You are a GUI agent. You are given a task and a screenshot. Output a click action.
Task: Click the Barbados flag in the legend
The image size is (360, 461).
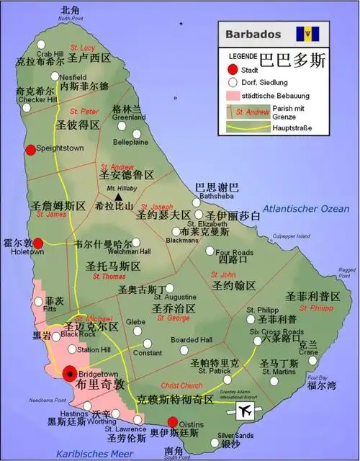point(311,33)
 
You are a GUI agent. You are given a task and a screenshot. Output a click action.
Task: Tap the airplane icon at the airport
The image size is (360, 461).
point(246,411)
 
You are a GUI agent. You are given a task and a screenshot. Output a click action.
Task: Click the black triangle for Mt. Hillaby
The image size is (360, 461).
point(117,197)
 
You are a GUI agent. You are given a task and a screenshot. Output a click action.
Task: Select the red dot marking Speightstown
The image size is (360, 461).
point(30,149)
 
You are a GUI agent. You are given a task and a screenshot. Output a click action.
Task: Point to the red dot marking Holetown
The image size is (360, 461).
point(38,243)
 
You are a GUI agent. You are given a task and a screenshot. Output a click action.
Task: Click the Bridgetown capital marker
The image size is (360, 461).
point(70,372)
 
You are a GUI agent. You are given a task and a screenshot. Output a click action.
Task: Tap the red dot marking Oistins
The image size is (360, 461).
point(173,422)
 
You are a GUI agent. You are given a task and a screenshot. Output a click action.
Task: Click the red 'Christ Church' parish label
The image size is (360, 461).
point(181,385)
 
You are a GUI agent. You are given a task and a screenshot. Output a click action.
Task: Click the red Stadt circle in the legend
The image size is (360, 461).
point(231,71)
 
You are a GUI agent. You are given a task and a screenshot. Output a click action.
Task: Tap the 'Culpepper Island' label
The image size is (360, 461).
point(292,236)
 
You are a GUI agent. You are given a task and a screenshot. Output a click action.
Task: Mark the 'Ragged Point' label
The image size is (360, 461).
point(346,272)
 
